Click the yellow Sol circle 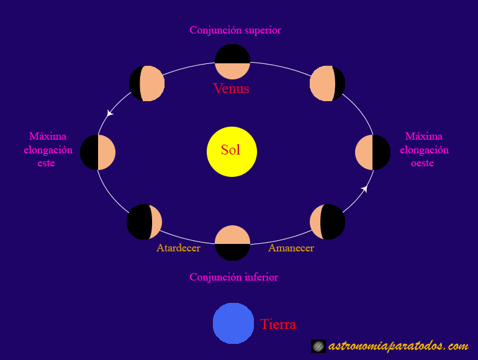[232, 151]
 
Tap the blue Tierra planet [233, 323]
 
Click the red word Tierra [278, 324]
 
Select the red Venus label [231, 88]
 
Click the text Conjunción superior [235, 30]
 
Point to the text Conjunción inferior [233, 277]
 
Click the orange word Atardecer [178, 248]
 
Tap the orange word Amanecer [291, 248]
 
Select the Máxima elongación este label [48, 150]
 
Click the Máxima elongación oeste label [424, 150]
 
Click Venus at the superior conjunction [232, 62]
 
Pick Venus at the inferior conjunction [232, 243]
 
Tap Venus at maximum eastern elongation [98, 152]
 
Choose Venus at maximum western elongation [372, 152]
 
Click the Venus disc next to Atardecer [144, 222]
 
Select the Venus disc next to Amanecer [327, 222]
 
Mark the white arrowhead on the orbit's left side [110, 114]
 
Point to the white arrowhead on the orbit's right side [365, 188]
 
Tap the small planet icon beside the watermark [318, 346]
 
